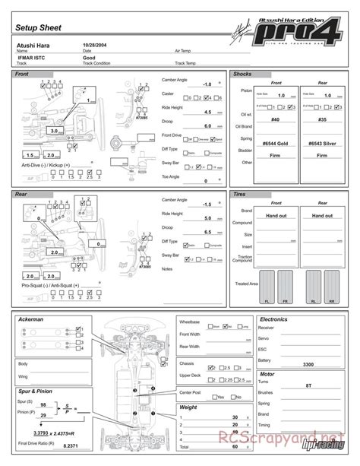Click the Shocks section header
point(244,74)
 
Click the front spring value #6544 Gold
point(275,141)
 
